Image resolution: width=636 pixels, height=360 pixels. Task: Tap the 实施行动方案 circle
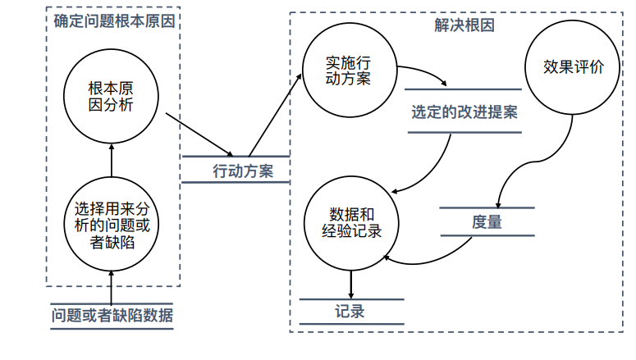coord(348,71)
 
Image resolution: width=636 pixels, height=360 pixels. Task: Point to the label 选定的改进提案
coord(464,112)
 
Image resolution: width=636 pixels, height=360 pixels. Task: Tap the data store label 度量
coord(487,221)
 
